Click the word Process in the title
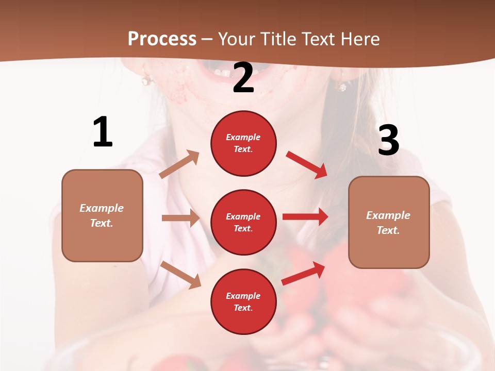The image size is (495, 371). [x=162, y=39]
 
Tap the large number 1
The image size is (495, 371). [x=103, y=132]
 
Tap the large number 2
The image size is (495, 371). [x=243, y=78]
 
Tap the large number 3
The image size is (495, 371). [x=388, y=140]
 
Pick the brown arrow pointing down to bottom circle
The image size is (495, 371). [x=181, y=275]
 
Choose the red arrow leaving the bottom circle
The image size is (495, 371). [x=303, y=274]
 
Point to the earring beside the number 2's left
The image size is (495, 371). [x=147, y=80]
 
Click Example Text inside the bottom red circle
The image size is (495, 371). [x=243, y=301]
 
